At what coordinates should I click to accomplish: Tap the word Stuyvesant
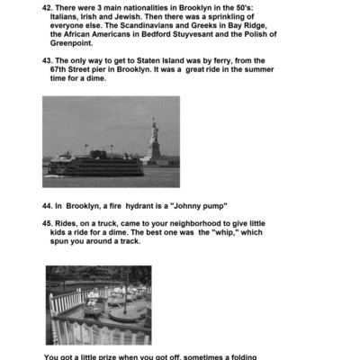click(213, 35)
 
